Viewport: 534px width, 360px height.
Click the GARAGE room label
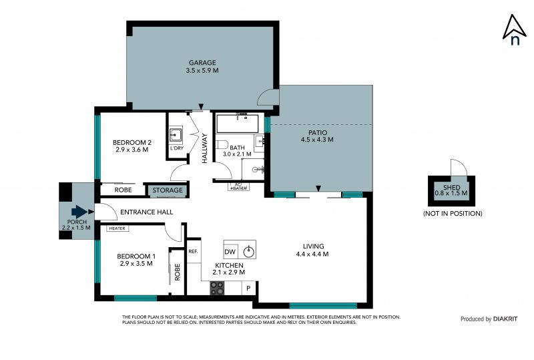[x=202, y=63]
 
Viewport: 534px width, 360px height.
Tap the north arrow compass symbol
[x=515, y=30]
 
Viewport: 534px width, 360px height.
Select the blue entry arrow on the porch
[x=79, y=212]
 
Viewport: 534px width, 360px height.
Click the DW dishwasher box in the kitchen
[x=230, y=252]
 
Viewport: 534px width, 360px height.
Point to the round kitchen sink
[x=249, y=252]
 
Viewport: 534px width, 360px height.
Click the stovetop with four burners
[x=217, y=288]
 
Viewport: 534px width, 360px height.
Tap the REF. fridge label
[x=193, y=251]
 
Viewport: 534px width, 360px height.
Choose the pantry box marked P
[x=248, y=288]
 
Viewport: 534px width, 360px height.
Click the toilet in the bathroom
[x=222, y=145]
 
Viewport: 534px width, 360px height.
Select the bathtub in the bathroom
[x=238, y=124]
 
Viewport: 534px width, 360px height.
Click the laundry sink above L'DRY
[x=176, y=135]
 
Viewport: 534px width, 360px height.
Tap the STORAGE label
[x=168, y=190]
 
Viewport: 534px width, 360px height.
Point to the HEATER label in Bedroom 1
[x=117, y=228]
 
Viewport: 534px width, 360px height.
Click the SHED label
[x=452, y=188]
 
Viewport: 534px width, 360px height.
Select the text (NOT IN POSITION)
[x=453, y=214]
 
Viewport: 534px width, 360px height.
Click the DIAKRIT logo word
[x=505, y=319]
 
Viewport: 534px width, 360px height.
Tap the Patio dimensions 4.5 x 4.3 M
[x=317, y=140]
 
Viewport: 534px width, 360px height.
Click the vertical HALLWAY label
[x=205, y=148]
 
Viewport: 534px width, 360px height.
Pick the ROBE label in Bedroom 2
[x=123, y=190]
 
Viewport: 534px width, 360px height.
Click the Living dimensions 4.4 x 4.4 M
[x=312, y=254]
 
